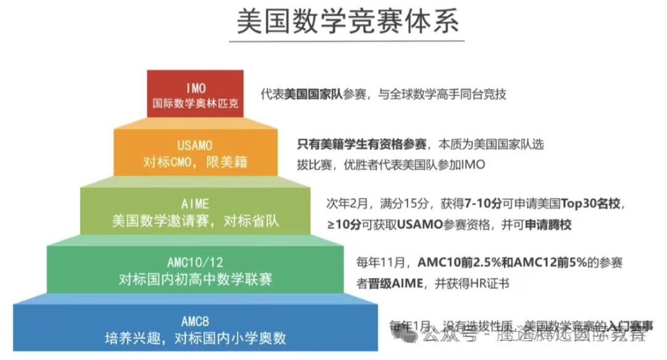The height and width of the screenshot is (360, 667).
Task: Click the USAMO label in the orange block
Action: [x=195, y=146]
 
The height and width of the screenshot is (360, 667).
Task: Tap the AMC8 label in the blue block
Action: [x=196, y=321]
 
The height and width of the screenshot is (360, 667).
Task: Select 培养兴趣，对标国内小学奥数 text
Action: [x=196, y=338]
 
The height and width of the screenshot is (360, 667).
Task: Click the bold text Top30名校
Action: [x=592, y=203]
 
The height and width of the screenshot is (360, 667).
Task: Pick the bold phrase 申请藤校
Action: [x=548, y=225]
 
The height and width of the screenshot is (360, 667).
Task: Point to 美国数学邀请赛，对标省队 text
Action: [x=195, y=220]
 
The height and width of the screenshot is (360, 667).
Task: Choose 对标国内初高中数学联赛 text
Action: [x=195, y=280]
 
